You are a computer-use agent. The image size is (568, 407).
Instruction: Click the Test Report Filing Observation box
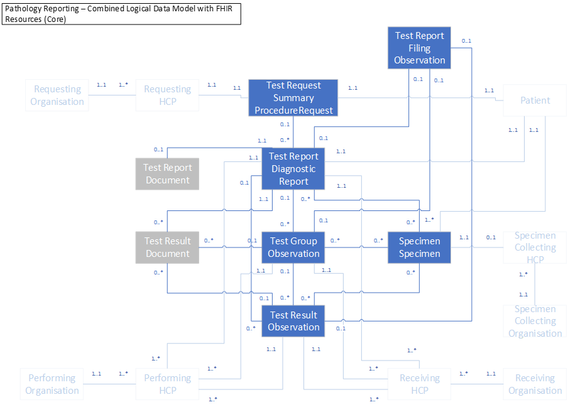pos(419,48)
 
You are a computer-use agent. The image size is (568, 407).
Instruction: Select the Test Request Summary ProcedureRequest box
pos(293,98)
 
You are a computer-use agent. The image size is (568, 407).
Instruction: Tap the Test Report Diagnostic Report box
pos(293,169)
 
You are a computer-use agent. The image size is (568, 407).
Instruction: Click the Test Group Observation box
pos(293,247)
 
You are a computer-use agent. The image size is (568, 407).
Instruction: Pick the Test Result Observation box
pos(293,321)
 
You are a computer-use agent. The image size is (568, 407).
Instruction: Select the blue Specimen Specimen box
pos(419,247)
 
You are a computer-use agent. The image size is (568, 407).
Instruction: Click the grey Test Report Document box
pos(167,174)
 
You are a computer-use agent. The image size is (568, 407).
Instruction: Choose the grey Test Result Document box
pos(167,247)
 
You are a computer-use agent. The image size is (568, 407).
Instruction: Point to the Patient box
pos(535,100)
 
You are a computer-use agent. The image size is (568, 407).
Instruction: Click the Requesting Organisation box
pos(57,95)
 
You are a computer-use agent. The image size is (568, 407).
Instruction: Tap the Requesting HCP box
pos(167,95)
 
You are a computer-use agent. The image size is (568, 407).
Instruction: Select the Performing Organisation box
pos(52,384)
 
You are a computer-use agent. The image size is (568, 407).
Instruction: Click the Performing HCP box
pos(167,384)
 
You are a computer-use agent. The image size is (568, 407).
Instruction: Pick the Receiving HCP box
pos(419,384)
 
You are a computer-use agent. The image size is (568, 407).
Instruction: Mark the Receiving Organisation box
pos(535,384)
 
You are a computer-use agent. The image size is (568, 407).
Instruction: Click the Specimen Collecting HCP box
pos(535,247)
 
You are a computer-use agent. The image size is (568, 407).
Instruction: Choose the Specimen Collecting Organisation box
pos(535,321)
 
